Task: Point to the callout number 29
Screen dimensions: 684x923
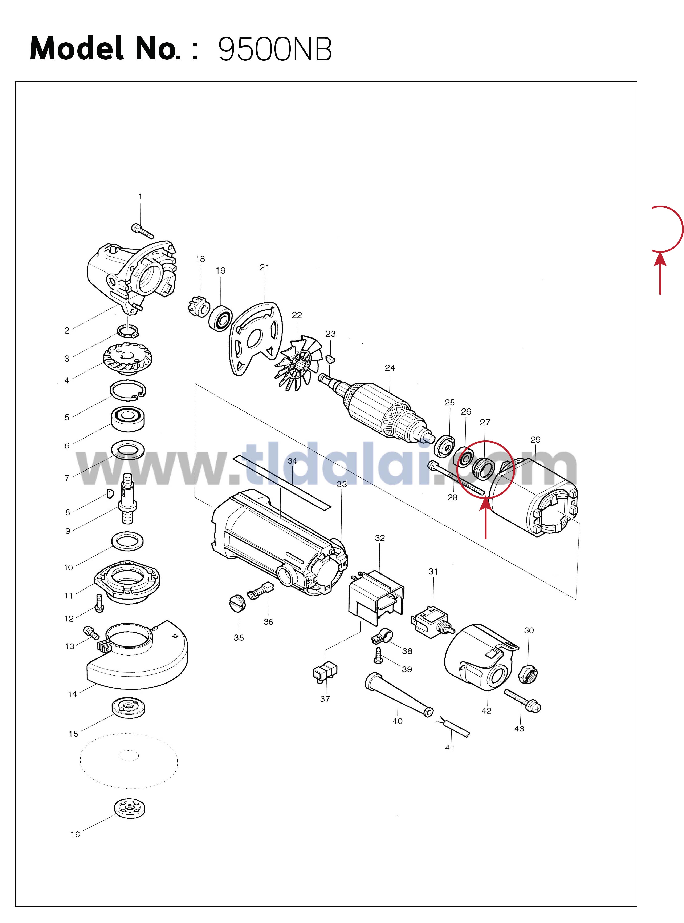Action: point(535,440)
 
